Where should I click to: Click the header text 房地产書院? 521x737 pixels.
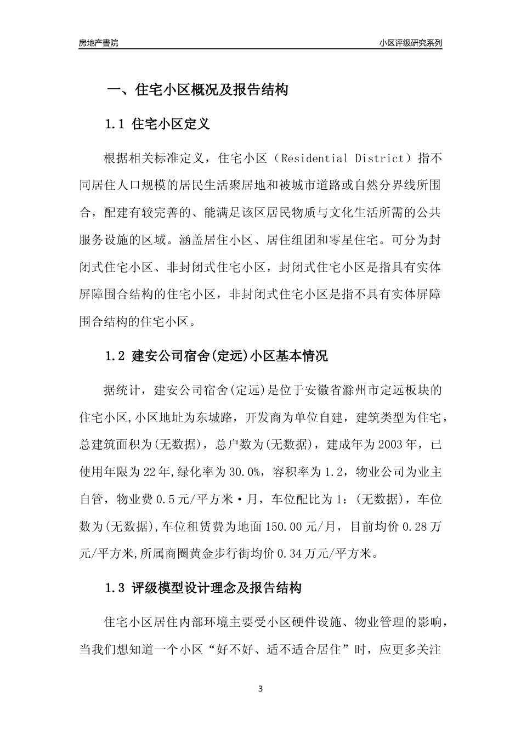click(99, 43)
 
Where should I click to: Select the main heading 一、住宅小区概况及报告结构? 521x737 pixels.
click(197, 89)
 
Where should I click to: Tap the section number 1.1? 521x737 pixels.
click(116, 124)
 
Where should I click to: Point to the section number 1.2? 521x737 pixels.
click(116, 356)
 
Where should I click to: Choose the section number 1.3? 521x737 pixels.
click(116, 589)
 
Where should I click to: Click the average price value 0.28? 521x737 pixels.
click(416, 526)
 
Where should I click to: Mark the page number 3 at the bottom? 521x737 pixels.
click(260, 689)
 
